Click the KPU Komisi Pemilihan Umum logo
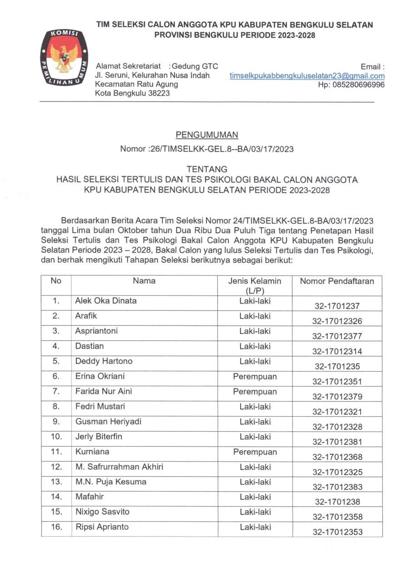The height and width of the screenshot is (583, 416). point(62,58)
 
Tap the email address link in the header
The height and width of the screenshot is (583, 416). point(307,76)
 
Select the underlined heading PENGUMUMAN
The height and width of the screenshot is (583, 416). point(207,135)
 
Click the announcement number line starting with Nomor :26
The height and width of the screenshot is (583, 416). point(207,149)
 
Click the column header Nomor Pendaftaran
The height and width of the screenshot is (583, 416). point(336,281)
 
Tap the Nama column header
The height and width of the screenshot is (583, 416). point(144,281)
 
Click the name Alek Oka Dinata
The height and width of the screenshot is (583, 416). point(105,301)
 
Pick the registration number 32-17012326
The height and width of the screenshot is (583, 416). point(337,321)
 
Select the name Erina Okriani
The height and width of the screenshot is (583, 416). point(100,376)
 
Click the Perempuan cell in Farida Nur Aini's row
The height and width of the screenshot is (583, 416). point(255,391)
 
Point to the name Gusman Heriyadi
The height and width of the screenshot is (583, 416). point(108,422)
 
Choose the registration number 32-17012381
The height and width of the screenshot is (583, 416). point(337,442)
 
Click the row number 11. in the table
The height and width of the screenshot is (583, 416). point(56,452)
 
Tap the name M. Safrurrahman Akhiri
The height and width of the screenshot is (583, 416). point(119,467)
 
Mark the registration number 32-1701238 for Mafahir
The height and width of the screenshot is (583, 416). point(337,502)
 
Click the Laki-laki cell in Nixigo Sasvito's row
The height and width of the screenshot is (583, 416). point(255,512)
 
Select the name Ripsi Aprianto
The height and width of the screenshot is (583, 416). point(102,527)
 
